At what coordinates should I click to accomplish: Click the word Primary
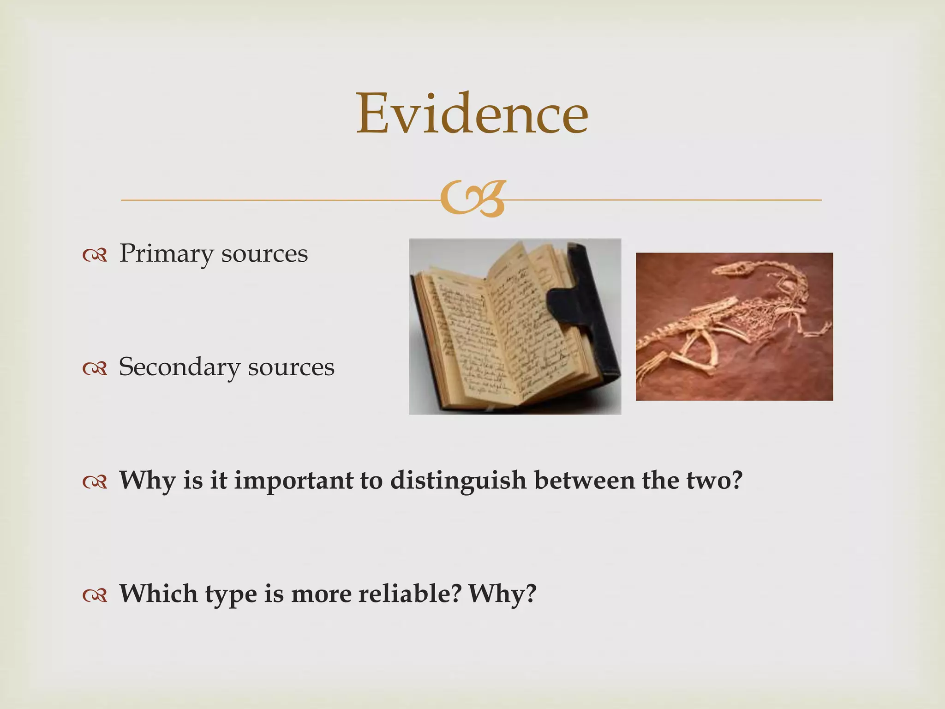coord(167,253)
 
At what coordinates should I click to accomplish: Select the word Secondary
coord(179,367)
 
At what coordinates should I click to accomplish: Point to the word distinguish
coord(458,480)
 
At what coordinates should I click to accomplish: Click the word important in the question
coord(293,480)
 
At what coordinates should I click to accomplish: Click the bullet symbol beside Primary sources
coord(95,255)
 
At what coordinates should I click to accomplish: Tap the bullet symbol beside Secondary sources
coord(95,368)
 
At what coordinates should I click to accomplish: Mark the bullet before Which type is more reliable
coord(95,595)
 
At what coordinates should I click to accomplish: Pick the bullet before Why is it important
coord(95,482)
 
